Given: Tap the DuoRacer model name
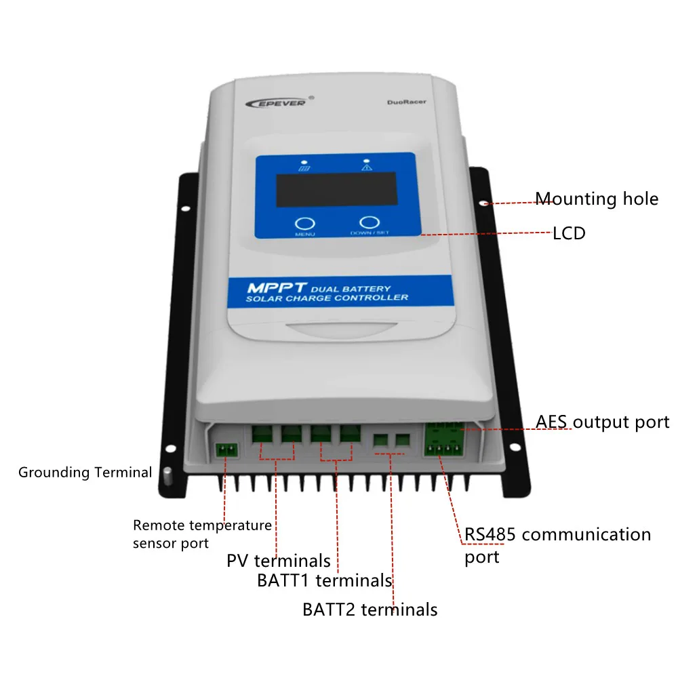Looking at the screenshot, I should [406, 103].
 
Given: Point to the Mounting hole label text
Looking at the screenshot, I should [597, 199].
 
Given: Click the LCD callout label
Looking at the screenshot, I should [569, 233].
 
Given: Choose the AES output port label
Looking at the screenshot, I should [602, 422].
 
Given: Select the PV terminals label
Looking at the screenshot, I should [279, 561].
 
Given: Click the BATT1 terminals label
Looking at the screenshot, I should [324, 581].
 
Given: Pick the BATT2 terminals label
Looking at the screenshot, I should [370, 610].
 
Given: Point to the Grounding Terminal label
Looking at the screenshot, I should [85, 472].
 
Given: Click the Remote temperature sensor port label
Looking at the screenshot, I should [201, 534].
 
